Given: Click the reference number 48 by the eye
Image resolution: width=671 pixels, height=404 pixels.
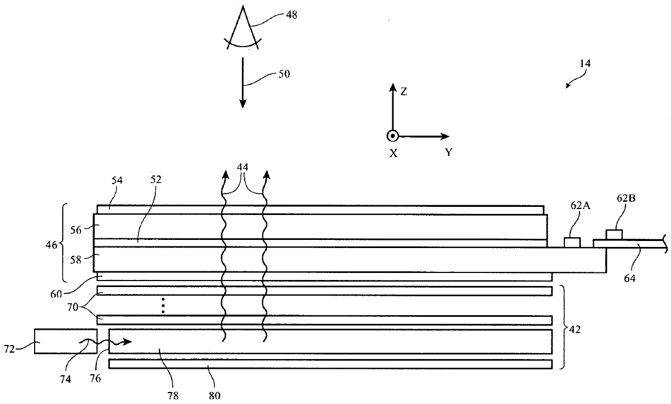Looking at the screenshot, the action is click(x=291, y=15).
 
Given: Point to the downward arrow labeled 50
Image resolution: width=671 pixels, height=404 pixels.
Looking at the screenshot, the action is click(x=242, y=82).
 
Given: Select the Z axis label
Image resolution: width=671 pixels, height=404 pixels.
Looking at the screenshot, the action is click(x=404, y=92).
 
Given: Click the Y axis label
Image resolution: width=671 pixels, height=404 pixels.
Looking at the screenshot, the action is click(x=449, y=152).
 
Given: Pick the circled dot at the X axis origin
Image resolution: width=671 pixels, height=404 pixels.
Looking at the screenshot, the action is click(x=392, y=136).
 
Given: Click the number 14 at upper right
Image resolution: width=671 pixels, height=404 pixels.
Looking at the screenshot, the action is click(x=585, y=63).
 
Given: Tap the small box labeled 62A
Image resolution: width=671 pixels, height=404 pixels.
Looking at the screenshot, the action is click(x=572, y=243).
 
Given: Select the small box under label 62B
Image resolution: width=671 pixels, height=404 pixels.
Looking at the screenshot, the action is click(x=614, y=234).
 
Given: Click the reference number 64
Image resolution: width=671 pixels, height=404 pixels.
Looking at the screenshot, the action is click(x=630, y=278).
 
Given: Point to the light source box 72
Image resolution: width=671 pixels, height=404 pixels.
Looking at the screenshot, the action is click(x=65, y=341).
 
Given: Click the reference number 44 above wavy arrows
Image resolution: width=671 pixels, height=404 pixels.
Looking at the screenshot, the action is click(x=242, y=167).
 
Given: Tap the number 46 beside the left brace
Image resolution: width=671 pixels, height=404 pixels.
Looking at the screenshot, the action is click(x=51, y=245).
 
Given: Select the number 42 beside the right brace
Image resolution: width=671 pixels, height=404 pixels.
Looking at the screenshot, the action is click(x=575, y=329).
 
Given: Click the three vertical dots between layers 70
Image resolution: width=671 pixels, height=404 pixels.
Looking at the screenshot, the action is click(x=163, y=305).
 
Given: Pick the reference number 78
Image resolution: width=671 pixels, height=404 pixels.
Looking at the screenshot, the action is click(x=173, y=396).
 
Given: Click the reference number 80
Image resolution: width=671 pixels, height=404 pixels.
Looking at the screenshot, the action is click(x=214, y=396).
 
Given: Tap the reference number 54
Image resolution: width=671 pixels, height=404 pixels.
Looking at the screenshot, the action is click(x=117, y=180).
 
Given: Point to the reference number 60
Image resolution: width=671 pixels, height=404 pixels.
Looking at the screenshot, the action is click(x=56, y=294).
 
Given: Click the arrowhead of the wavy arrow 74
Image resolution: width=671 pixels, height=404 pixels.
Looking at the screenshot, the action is click(x=127, y=342).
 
